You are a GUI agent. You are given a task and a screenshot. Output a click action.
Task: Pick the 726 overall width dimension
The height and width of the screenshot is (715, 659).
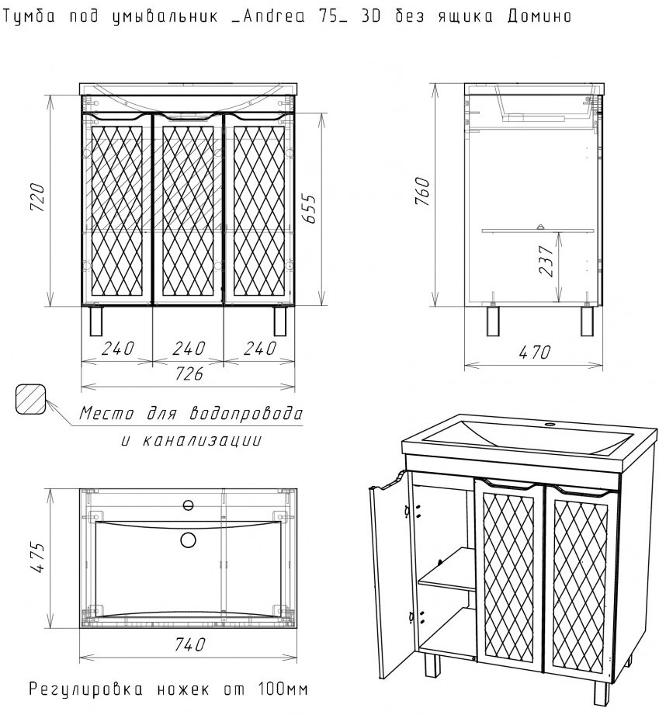coord(189,375)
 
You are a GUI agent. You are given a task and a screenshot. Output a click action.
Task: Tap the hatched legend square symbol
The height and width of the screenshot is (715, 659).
coord(30,399)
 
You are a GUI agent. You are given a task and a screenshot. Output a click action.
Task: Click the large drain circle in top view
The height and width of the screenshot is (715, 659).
coord(189,540)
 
